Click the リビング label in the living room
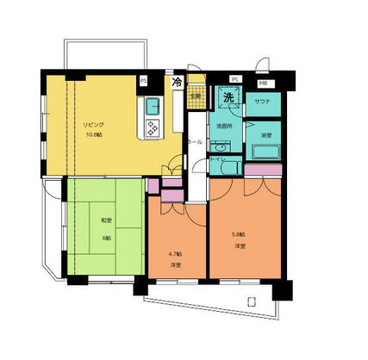pyautogui.click(x=93, y=125)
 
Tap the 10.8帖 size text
pyautogui.click(x=93, y=135)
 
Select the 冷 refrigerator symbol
pyautogui.click(x=178, y=84)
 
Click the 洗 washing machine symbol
pyautogui.click(x=228, y=98)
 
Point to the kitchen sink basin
pyautogui.click(x=152, y=109)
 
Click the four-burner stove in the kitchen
pyautogui.click(x=153, y=130)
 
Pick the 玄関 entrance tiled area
pyautogui.click(x=196, y=96)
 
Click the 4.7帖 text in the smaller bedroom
pyautogui.click(x=176, y=254)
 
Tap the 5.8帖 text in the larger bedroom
pyautogui.click(x=238, y=234)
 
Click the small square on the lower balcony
pyautogui.click(x=250, y=301)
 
